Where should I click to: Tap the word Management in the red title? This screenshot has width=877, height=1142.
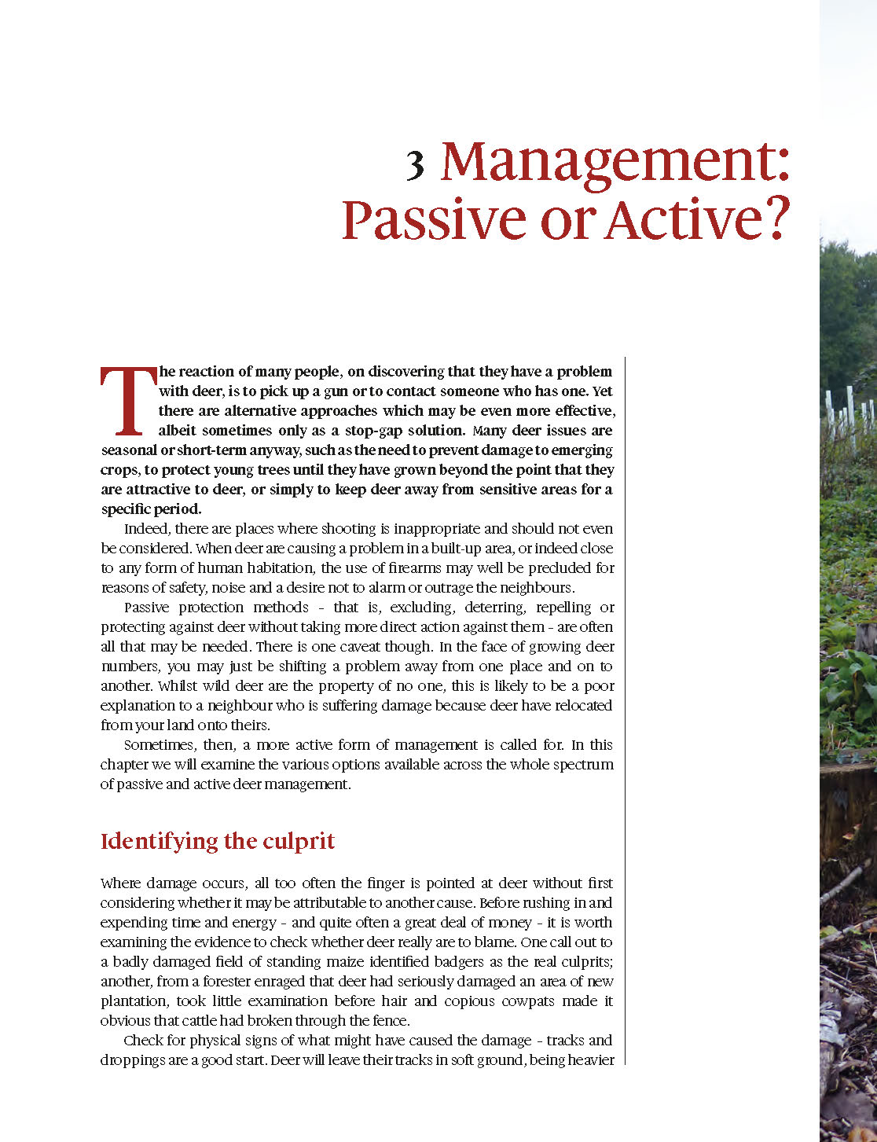[614, 162]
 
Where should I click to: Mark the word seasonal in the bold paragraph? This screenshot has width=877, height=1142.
[129, 450]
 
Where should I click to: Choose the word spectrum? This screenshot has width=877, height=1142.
[583, 765]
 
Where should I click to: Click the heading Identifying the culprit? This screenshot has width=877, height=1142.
[218, 841]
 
